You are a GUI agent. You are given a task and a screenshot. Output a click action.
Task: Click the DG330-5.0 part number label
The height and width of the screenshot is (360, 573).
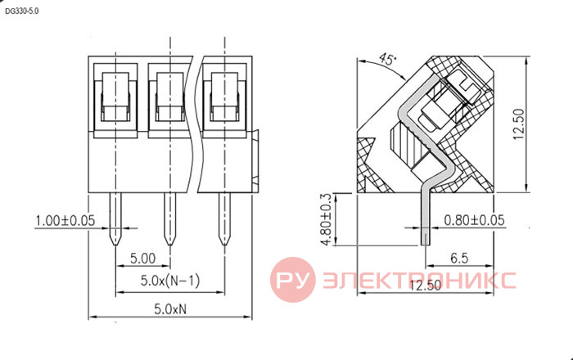21,11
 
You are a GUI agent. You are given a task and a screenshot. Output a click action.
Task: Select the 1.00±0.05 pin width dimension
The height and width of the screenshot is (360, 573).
65,221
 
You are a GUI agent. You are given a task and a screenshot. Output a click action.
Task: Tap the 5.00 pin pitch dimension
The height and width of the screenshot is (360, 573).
143,259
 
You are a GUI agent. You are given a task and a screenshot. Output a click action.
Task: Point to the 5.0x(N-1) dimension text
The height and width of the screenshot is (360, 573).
170,281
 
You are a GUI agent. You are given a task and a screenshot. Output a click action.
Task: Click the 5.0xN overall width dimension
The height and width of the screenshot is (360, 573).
170,309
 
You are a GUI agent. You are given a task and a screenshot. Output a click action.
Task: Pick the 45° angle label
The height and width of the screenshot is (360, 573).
387,58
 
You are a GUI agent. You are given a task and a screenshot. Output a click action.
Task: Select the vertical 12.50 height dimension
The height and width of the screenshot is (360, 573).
518,124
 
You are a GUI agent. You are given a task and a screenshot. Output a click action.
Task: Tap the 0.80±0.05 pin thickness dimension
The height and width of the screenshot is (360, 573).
474,220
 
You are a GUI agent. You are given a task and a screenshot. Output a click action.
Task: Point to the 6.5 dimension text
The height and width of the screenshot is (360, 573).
459,258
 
